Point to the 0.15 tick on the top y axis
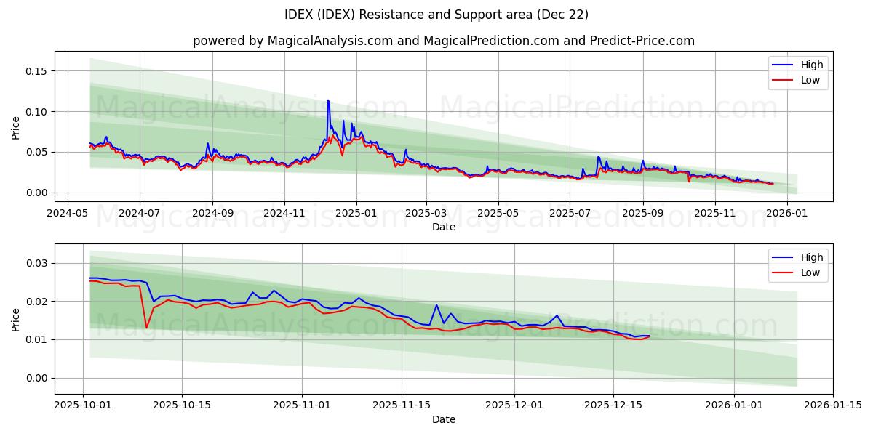pyautogui.click(x=36, y=71)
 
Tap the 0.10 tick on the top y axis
pyautogui.click(x=36, y=112)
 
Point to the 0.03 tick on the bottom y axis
pyautogui.click(x=36, y=263)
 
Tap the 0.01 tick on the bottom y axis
pyautogui.click(x=36, y=339)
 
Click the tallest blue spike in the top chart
pyautogui.click(x=328, y=100)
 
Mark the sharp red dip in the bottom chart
pyautogui.click(x=146, y=328)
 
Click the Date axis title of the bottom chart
pyautogui.click(x=443, y=419)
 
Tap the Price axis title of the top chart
pyautogui.click(x=16, y=126)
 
